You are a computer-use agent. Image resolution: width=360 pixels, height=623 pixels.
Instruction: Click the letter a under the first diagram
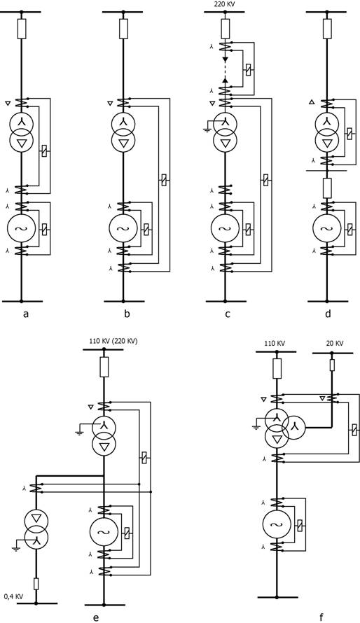(26, 314)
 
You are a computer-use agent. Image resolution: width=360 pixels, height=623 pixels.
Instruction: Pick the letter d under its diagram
(328, 314)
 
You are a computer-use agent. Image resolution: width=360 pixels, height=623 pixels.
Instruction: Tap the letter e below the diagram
(95, 617)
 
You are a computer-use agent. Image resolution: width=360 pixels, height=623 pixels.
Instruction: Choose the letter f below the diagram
(321, 617)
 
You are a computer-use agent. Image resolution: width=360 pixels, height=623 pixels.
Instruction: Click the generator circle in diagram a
(22, 230)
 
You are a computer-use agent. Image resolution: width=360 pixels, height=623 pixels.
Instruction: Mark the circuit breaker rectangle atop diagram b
(123, 29)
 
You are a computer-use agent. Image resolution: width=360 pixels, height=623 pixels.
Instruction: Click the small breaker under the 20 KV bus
(332, 365)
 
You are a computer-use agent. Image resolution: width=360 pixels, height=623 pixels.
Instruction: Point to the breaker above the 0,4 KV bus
(36, 583)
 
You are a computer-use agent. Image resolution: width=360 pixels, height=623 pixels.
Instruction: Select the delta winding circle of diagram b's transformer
(123, 141)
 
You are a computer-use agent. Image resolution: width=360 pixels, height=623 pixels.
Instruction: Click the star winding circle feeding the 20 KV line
(294, 427)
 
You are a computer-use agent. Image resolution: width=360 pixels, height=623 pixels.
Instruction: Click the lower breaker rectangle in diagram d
(327, 188)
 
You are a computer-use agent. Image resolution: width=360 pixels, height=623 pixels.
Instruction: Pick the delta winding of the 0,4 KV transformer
(36, 519)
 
